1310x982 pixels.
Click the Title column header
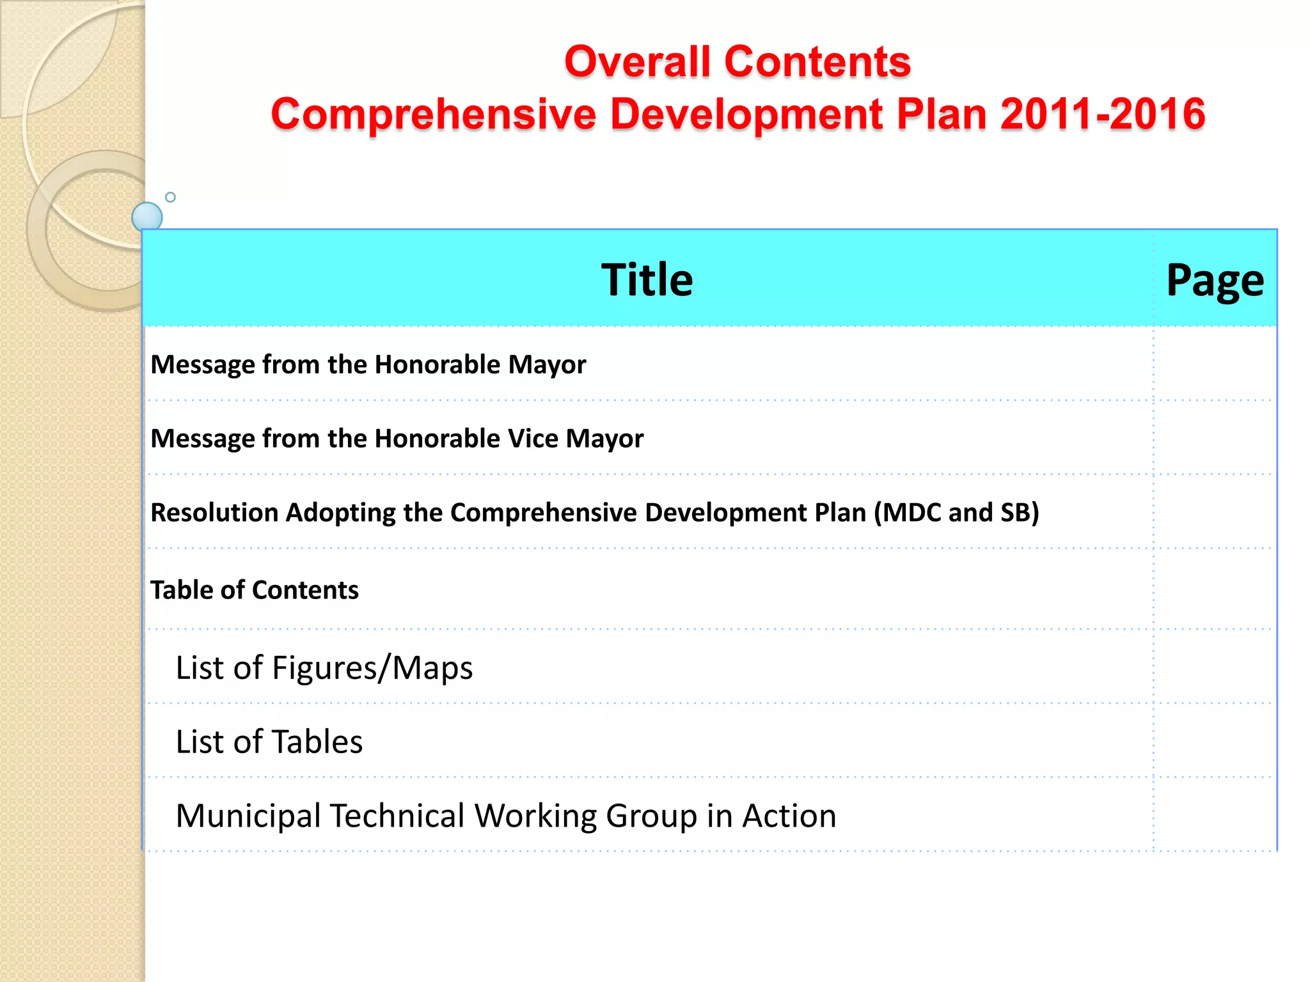coord(647,279)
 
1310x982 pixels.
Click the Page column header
coord(1215,281)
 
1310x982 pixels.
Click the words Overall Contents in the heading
coord(737,62)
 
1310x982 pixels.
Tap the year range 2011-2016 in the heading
coord(1103,114)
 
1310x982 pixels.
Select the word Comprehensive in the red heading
coord(433,114)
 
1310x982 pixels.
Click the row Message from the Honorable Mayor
coord(368,364)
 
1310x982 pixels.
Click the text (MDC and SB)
coord(956,513)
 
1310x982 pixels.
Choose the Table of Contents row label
coord(255,590)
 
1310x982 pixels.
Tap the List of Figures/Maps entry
coord(324,668)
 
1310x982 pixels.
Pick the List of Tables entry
coord(269,742)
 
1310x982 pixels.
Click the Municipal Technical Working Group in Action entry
coord(505,816)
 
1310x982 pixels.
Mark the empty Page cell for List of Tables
coord(1215,741)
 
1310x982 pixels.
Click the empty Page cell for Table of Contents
coord(1215,589)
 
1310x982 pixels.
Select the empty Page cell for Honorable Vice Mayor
coord(1215,438)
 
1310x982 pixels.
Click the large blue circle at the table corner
coord(147,217)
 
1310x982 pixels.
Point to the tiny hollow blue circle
coord(170,197)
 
